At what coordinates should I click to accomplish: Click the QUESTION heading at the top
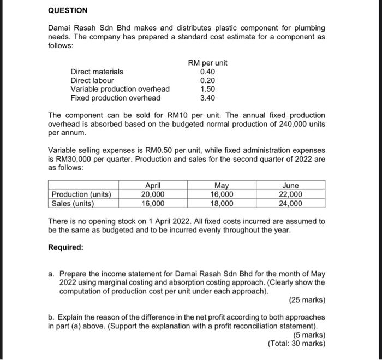tap(68, 10)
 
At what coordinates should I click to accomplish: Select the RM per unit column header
tap(207, 63)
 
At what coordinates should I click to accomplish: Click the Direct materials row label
tap(97, 72)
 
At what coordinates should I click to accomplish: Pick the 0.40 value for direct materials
tap(207, 72)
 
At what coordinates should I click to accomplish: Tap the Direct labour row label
tap(92, 80)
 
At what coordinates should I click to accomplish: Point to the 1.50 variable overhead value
tap(207, 89)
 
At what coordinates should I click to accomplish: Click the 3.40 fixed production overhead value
tap(207, 98)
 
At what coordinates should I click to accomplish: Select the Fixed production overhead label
tap(115, 98)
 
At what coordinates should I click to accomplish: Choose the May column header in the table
tap(222, 186)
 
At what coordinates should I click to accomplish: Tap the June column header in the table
tap(290, 186)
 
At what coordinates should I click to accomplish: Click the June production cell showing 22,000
tap(290, 195)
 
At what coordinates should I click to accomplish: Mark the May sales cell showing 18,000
tap(222, 204)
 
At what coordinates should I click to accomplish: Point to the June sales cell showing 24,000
tap(290, 204)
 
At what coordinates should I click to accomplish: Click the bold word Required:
tap(65, 247)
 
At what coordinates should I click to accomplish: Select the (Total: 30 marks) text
tap(296, 344)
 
